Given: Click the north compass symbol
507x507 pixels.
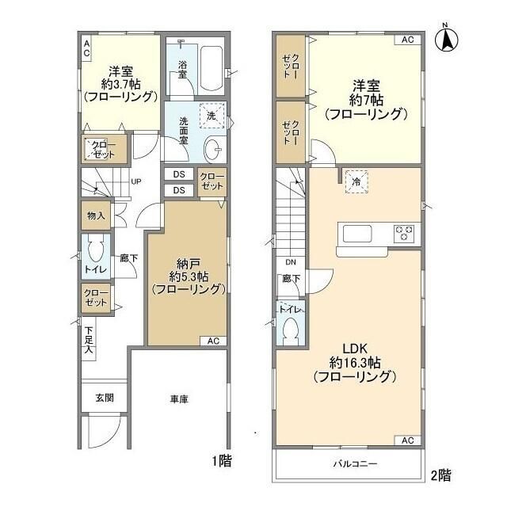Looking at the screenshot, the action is click(446, 40).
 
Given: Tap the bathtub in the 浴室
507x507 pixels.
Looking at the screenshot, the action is click(212, 69).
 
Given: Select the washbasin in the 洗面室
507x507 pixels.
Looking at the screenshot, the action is click(213, 149).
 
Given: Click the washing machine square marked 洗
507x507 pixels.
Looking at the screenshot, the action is click(212, 116).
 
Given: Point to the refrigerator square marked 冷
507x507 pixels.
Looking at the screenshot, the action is click(356, 181).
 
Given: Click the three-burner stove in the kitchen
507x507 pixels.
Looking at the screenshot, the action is click(404, 234).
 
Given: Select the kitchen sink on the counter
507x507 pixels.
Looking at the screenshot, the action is click(357, 234).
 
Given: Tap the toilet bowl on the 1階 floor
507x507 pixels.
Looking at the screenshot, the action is click(96, 250).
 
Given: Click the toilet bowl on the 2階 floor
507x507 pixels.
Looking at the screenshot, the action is click(291, 331).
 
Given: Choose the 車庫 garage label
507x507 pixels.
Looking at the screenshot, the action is click(179, 399).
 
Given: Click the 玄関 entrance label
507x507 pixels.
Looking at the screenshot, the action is click(105, 398).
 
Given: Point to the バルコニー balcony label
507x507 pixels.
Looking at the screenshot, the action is click(355, 463).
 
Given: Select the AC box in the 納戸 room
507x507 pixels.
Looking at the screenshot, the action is click(213, 341).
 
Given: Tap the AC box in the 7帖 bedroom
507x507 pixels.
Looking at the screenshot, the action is click(408, 40).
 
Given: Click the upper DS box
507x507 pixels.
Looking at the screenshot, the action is click(179, 174).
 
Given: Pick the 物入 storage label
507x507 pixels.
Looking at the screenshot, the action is click(96, 215).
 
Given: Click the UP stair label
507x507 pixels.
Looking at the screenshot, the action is click(136, 181).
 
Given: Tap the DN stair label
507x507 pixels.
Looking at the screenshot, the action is click(291, 262).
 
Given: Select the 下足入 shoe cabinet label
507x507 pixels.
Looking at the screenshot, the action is click(89, 340).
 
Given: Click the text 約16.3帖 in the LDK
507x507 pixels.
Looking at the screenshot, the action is click(355, 363).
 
